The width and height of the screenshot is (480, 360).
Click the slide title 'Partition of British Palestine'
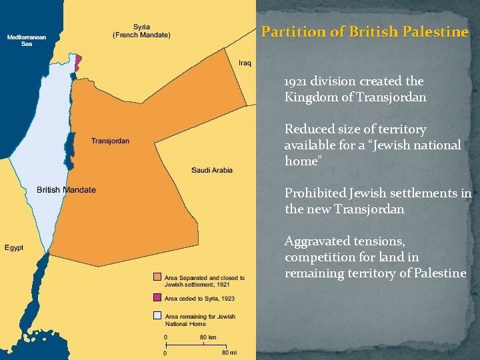coord(365,31)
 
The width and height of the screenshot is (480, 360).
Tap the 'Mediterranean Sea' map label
coord(27,41)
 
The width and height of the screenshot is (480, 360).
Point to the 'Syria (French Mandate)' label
coord(141,31)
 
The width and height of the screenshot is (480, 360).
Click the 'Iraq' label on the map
coord(245,63)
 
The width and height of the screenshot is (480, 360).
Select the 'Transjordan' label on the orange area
coord(110,141)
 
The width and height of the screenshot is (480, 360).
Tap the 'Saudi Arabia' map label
coord(212,170)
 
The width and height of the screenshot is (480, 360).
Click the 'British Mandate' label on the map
coord(66,190)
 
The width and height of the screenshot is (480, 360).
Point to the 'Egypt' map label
coord(14,247)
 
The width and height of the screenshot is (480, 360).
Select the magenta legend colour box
coord(157,297)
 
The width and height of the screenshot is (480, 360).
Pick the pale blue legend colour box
coord(157,315)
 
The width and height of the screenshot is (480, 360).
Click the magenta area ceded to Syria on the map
coord(78,62)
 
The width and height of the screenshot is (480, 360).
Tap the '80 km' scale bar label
coord(208,337)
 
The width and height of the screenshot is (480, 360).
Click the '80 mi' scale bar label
coord(230,352)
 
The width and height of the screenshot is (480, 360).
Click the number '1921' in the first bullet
coord(296,81)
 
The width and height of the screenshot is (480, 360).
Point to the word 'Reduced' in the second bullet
coord(308,129)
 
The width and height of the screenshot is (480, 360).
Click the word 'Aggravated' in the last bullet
coord(317,241)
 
